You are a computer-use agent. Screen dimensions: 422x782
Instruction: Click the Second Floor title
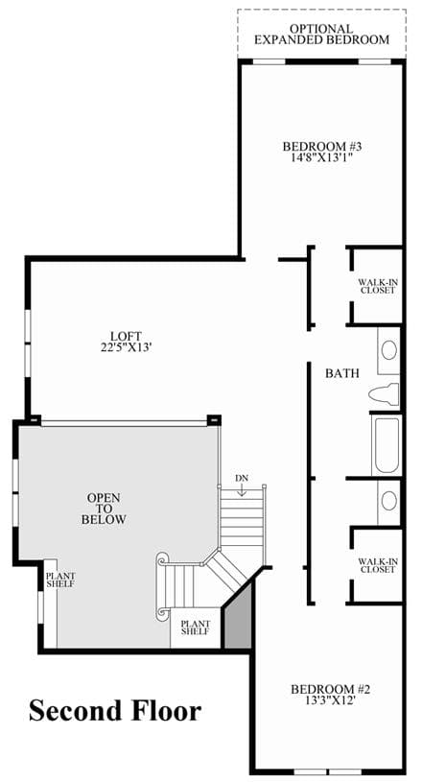pos(115,711)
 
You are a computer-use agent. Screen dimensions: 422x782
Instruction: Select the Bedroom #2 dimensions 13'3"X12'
pos(331,699)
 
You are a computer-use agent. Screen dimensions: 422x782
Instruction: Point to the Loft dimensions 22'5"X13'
pos(126,346)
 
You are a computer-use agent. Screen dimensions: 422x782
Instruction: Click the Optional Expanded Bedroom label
pos(322,35)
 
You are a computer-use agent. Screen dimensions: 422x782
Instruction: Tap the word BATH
pos(342,372)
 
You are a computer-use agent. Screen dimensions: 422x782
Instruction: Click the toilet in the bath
pos(385,394)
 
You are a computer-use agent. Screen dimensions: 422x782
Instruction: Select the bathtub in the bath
pos(387,445)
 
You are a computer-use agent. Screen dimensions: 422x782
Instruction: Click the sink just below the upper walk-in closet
pos(389,350)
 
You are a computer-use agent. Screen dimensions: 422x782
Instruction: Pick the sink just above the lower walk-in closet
pos(389,501)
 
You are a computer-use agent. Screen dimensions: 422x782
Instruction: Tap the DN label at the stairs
pos(242,478)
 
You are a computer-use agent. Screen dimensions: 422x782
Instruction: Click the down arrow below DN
pos(242,490)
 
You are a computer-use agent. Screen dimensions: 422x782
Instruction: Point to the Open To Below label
pos(104,509)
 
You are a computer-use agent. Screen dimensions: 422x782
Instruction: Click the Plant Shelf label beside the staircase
pos(196,628)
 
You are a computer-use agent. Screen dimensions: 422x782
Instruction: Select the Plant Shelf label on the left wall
pos(60,580)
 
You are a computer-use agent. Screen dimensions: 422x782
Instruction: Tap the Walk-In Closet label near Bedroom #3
pos(378,286)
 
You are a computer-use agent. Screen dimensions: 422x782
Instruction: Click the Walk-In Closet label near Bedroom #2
pos(378,565)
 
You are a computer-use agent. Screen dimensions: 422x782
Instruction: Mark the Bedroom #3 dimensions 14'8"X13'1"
pos(321,157)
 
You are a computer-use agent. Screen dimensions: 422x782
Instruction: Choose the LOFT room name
pos(126,336)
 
